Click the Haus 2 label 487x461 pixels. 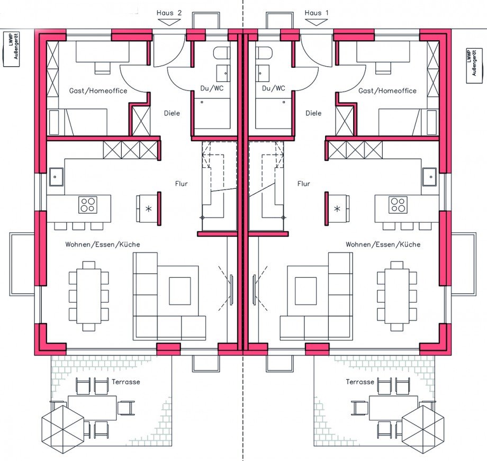(x=169, y=13)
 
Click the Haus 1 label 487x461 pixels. (x=316, y=13)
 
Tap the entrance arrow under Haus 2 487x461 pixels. (x=169, y=22)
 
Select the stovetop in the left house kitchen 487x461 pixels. (x=88, y=205)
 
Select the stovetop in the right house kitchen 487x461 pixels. (x=398, y=205)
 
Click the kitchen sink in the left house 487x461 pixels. (x=56, y=177)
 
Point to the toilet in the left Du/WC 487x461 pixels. (x=221, y=53)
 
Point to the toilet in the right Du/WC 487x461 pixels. (x=264, y=53)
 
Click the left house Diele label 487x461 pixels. (x=172, y=113)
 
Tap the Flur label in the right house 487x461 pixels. (x=304, y=184)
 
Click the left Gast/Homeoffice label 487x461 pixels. (x=98, y=91)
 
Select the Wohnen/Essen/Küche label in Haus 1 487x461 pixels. (x=383, y=245)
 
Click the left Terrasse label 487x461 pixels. (x=126, y=382)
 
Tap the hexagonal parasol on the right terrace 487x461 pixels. (x=423, y=426)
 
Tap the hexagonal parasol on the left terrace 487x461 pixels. (x=63, y=426)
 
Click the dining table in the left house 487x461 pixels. (x=89, y=296)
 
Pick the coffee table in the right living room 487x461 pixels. (x=305, y=291)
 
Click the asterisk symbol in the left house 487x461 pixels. (x=148, y=209)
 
